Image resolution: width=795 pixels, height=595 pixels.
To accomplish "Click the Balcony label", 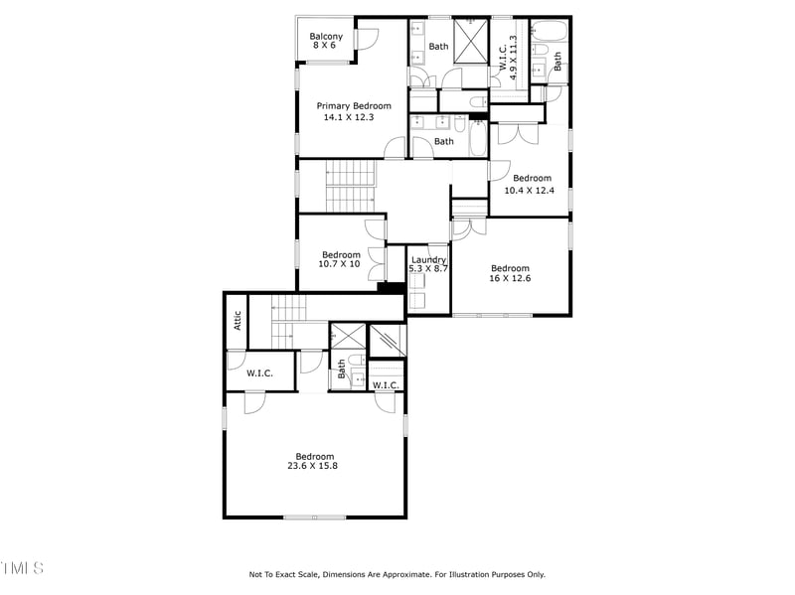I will (x=326, y=37).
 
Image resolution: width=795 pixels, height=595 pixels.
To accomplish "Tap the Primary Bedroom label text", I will (x=354, y=106).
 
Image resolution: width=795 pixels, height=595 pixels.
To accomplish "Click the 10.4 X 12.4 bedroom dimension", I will (x=528, y=190).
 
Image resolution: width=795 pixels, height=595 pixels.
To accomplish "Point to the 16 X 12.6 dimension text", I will (x=510, y=279).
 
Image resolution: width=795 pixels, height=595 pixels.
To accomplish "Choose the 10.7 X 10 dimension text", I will (x=340, y=264).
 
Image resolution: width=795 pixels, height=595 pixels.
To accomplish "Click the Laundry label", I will (x=429, y=260).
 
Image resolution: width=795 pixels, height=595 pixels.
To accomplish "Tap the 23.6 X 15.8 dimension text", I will (x=313, y=466).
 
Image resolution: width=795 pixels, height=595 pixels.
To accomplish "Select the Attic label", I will (x=238, y=321).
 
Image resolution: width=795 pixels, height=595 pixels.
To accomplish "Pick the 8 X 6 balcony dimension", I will (x=326, y=47).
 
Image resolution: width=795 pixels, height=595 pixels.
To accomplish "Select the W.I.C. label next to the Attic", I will (x=260, y=373).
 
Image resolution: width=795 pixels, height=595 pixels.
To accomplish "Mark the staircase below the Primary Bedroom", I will (x=350, y=186).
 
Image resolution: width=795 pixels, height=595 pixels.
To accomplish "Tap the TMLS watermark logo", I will (x=22, y=567).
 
